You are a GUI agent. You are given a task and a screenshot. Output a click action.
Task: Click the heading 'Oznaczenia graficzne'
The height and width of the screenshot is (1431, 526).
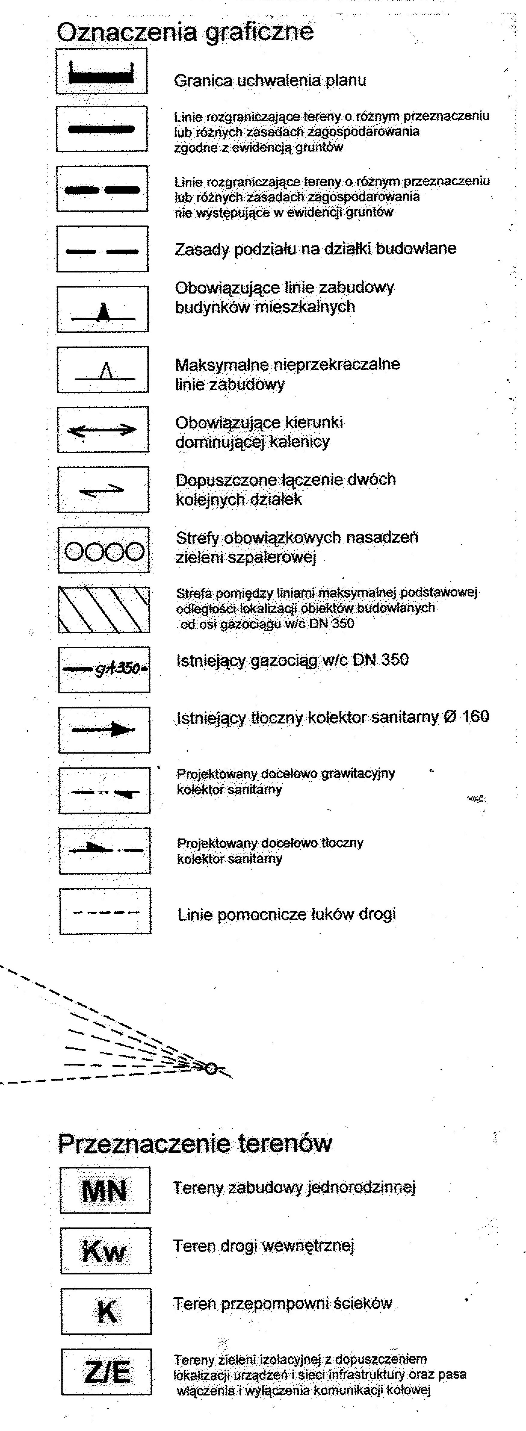click(x=185, y=32)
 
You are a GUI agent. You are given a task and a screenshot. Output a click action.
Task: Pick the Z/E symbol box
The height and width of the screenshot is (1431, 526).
click(x=106, y=1372)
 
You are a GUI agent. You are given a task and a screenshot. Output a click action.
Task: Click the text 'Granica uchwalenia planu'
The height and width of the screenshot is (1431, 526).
click(x=270, y=81)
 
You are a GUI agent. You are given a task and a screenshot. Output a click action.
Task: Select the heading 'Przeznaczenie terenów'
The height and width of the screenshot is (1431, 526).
click(x=194, y=1143)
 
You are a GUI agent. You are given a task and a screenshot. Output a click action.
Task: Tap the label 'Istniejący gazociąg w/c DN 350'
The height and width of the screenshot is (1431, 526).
click(x=292, y=660)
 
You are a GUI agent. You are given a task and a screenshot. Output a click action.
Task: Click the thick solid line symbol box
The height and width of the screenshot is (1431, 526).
click(x=102, y=129)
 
